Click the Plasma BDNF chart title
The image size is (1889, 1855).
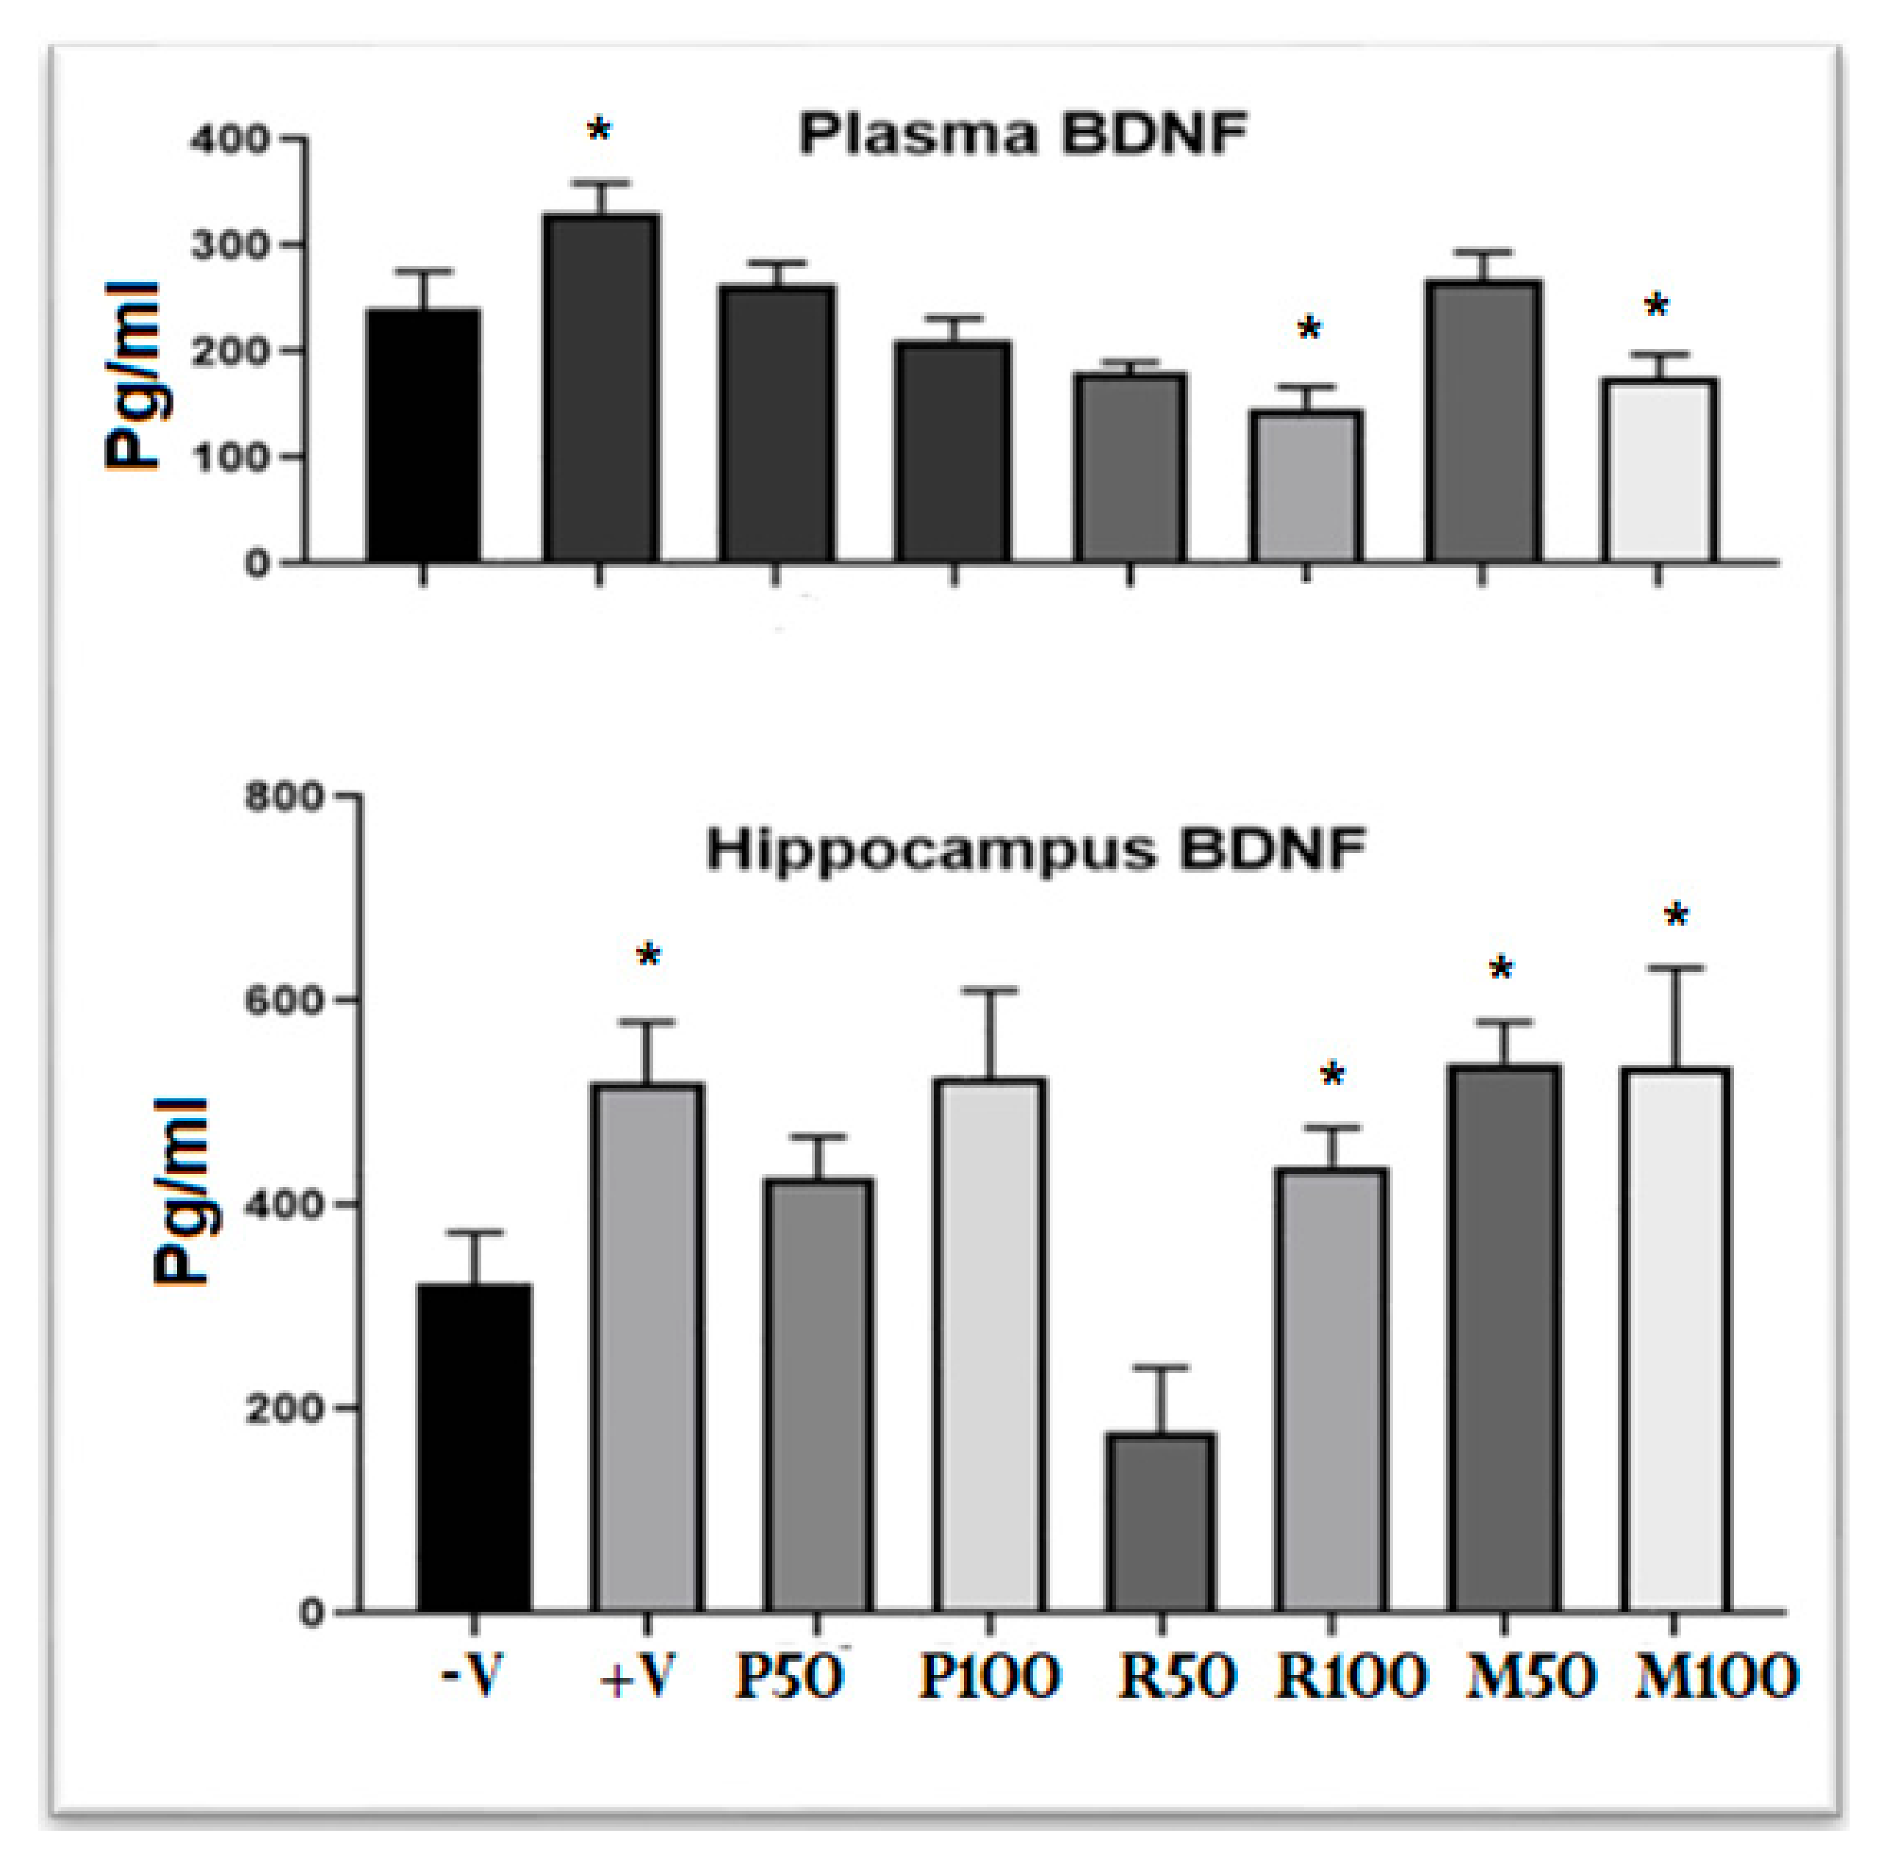[x=1022, y=135]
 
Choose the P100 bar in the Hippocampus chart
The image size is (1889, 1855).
[x=989, y=1344]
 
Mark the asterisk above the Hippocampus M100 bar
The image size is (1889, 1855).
[x=1676, y=916]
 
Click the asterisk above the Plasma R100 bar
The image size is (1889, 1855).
[x=1309, y=329]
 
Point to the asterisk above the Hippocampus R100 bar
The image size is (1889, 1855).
[x=1332, y=1076]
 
